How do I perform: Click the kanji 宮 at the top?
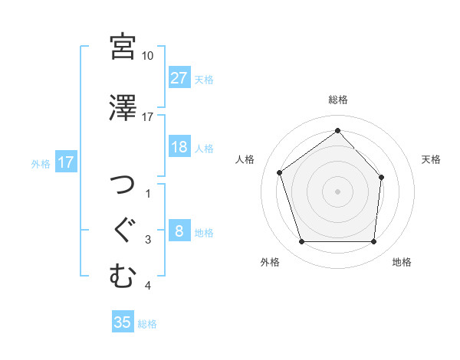tap(123, 47)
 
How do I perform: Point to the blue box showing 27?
tap(179, 78)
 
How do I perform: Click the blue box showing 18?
tap(179, 147)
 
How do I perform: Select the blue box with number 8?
tap(179, 231)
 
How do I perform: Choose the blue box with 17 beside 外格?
tap(65, 162)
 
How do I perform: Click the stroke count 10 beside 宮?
tap(147, 56)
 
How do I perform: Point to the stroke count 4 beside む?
tap(147, 286)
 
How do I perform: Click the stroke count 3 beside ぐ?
tap(147, 240)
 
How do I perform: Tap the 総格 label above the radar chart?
tap(337, 100)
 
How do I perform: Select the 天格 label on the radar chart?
tap(432, 159)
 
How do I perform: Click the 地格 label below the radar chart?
tap(402, 263)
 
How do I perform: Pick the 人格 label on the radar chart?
tap(245, 159)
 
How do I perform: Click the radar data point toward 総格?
tap(337, 130)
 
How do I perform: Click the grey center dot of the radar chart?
tap(337, 191)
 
